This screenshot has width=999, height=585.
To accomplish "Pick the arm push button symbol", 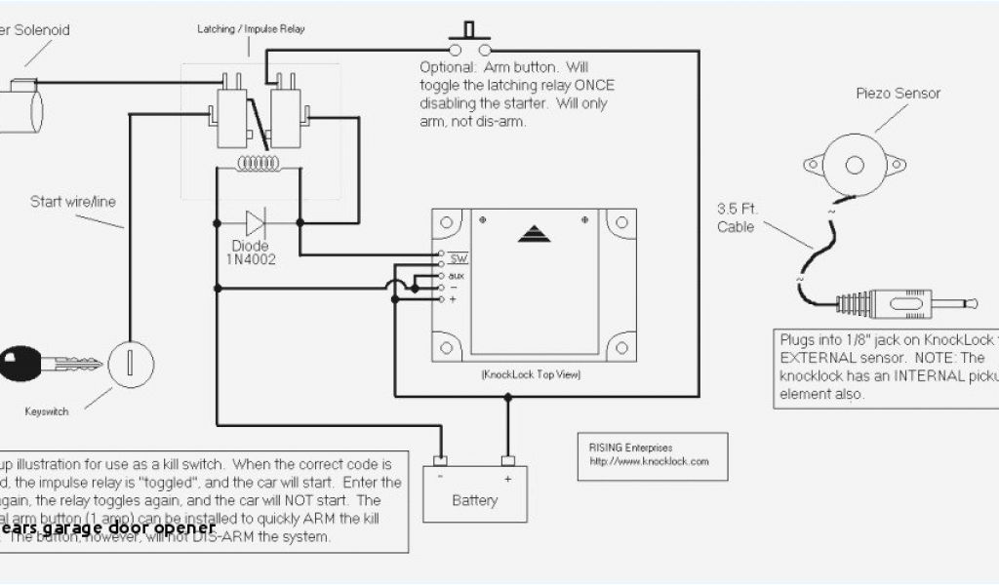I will (469, 39).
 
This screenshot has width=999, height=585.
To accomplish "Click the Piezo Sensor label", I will (899, 94).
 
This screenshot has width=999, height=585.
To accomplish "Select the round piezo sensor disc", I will (851, 162).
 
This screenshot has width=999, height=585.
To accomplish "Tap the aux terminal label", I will (457, 275).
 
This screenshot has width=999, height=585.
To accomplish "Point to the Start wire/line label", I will (72, 202).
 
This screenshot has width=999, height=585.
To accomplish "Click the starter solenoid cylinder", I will (22, 100).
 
